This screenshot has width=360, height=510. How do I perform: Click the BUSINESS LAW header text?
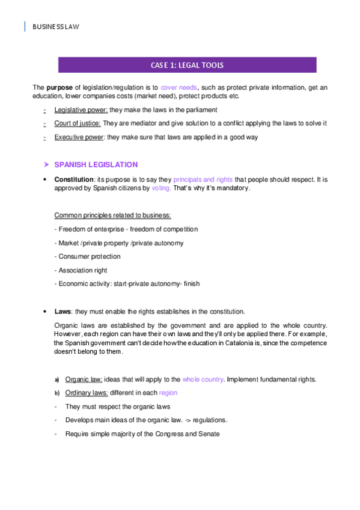click(x=55, y=27)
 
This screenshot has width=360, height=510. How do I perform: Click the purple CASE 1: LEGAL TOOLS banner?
click(x=186, y=65)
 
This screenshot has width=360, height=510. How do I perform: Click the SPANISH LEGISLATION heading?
click(x=96, y=164)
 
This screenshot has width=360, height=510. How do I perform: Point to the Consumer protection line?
click(x=87, y=256)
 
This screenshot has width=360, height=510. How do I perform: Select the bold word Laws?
click(x=63, y=311)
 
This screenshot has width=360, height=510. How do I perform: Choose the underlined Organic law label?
click(x=84, y=379)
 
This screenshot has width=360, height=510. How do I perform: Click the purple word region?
click(x=168, y=393)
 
